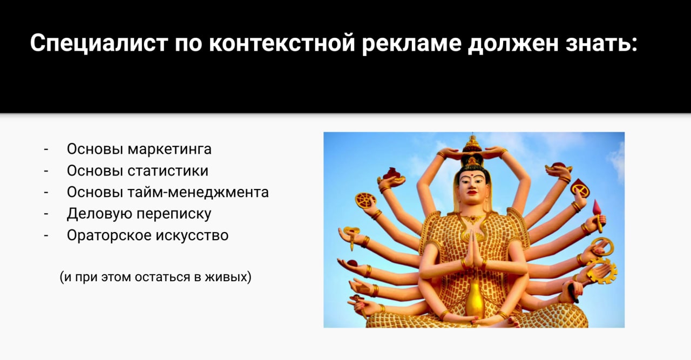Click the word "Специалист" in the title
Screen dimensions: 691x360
tap(99, 44)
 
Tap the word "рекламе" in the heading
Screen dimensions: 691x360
tap(411, 44)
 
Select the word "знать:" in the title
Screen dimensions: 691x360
tap(601, 43)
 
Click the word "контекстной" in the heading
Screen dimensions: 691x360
tap(282, 43)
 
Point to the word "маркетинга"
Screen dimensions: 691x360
tap(170, 150)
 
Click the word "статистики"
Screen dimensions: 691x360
tap(168, 171)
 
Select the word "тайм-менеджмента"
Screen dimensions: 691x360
tap(198, 193)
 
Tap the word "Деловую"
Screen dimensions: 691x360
tap(99, 214)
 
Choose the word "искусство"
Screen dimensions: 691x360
tap(192, 236)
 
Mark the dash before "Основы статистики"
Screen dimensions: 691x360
tap(46, 171)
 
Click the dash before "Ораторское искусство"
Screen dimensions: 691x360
tap(46, 236)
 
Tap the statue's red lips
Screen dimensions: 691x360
tap(472, 193)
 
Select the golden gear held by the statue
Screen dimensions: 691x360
tap(603, 271)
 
